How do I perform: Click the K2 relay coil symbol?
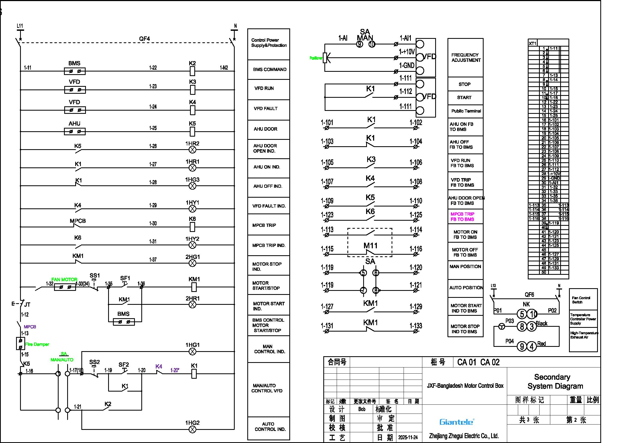(192, 71)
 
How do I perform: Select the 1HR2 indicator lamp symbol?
(192, 149)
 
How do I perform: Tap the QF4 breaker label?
(144, 39)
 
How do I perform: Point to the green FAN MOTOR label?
(64, 279)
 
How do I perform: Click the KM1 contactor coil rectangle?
(194, 287)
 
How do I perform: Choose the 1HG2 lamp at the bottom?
(192, 430)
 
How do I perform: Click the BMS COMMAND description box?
(269, 70)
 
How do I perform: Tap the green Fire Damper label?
(37, 344)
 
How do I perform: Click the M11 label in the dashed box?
(370, 246)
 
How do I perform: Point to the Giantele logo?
(457, 422)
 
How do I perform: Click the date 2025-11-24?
(408, 437)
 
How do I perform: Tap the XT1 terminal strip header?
(533, 43)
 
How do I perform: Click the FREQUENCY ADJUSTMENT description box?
(465, 58)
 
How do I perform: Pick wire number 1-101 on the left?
(327, 122)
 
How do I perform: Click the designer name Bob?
(362, 409)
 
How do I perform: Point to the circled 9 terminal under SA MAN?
(360, 44)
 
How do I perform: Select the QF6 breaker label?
(529, 295)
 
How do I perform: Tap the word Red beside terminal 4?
(541, 344)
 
